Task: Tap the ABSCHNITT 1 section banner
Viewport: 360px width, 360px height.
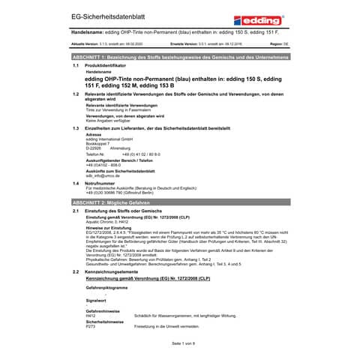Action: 179,56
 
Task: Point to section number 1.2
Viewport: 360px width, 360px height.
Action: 76,94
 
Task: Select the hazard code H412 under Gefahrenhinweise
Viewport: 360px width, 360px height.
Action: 91,317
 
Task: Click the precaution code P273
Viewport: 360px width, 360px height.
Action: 91,327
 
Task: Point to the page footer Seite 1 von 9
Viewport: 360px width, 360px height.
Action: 179,342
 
